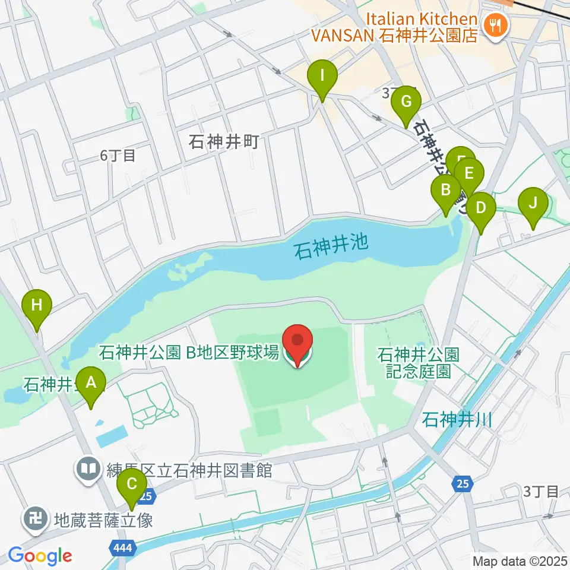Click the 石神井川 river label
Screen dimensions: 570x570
[x=457, y=421]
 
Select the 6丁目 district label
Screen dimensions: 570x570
[x=118, y=156]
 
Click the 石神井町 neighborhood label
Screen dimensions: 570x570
[x=224, y=142]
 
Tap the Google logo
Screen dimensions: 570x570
[x=40, y=556]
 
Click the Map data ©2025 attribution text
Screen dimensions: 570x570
[x=520, y=560]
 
